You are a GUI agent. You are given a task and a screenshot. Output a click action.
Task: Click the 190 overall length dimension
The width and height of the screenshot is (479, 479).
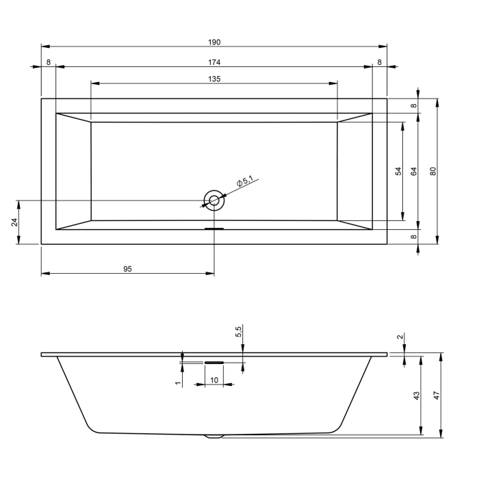pyautogui.click(x=215, y=42)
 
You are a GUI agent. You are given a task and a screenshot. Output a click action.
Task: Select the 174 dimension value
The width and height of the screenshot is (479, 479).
pyautogui.click(x=215, y=62)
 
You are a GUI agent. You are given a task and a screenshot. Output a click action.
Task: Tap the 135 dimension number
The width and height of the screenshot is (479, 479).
pyautogui.click(x=215, y=79)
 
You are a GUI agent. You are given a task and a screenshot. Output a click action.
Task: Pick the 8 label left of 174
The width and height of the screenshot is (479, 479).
pyautogui.click(x=48, y=62)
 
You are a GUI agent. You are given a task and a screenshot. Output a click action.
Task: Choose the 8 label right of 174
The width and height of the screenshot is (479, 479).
pyautogui.click(x=379, y=62)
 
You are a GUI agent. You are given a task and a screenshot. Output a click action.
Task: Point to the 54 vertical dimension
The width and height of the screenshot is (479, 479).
pyautogui.click(x=398, y=171)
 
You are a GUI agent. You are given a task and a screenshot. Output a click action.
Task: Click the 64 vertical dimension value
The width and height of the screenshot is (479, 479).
pyautogui.click(x=414, y=171)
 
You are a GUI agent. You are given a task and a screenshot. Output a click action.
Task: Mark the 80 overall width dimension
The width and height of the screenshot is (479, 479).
pyautogui.click(x=432, y=171)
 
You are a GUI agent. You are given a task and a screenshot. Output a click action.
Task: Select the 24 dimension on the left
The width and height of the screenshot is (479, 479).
pyautogui.click(x=14, y=222)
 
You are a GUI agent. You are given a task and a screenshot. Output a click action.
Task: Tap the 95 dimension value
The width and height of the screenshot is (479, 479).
pyautogui.click(x=127, y=269)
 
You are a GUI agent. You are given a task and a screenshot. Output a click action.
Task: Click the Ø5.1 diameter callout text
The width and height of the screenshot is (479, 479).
pyautogui.click(x=244, y=182)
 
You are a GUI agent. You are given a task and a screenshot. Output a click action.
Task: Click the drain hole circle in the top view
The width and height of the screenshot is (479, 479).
pyautogui.click(x=214, y=200)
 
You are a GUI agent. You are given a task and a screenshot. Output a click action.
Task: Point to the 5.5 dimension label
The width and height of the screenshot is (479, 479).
pyautogui.click(x=238, y=332)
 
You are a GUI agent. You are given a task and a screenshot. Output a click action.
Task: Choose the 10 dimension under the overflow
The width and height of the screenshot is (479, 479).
pyautogui.click(x=214, y=380)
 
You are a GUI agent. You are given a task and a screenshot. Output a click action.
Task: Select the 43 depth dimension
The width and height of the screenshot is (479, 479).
pyautogui.click(x=417, y=396)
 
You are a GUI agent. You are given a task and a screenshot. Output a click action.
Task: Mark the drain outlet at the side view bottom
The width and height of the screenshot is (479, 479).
pyautogui.click(x=214, y=435)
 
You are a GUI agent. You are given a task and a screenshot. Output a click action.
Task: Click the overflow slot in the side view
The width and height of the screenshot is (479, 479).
pyautogui.click(x=214, y=363)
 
